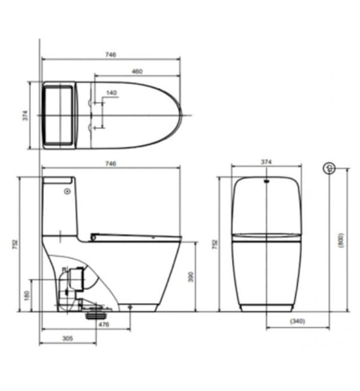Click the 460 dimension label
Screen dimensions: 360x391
coord(137,71)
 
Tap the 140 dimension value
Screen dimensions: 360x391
coord(112,93)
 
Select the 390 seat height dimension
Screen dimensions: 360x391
coord(190,277)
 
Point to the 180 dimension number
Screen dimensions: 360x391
coord(27,295)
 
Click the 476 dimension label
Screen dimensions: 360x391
coord(104,325)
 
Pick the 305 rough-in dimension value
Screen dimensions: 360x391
coord(68,338)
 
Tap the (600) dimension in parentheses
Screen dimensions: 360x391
coord(341,240)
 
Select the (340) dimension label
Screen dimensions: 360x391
coord(297,321)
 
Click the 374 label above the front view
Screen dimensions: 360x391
coord(266,162)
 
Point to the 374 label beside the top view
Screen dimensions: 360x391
coord(26,116)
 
